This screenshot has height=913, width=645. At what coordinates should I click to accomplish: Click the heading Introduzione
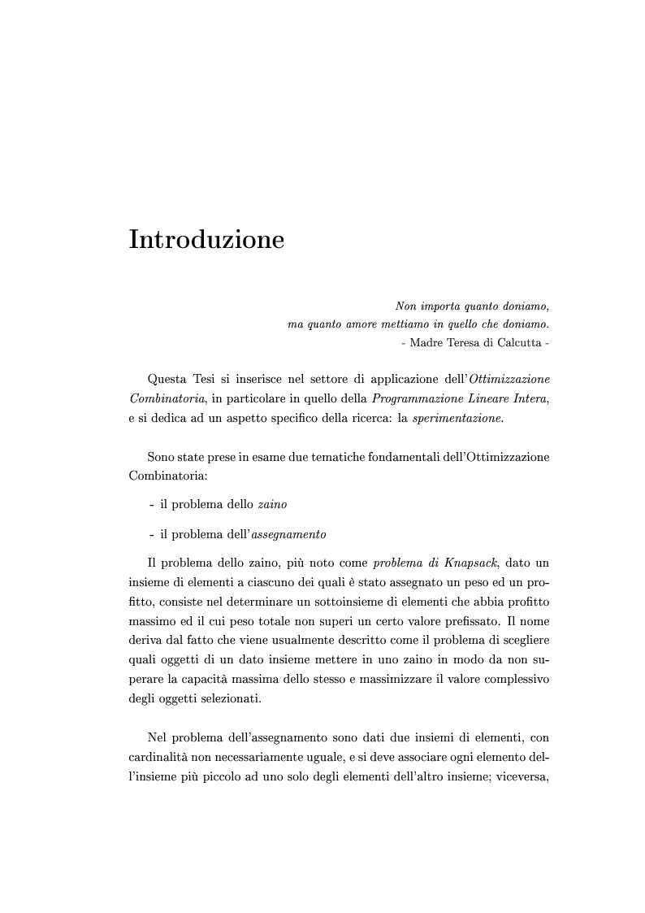[x=206, y=241]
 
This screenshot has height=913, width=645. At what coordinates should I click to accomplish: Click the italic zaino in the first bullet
[x=272, y=505]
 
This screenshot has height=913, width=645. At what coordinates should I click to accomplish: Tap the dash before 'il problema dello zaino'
[x=152, y=505]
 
